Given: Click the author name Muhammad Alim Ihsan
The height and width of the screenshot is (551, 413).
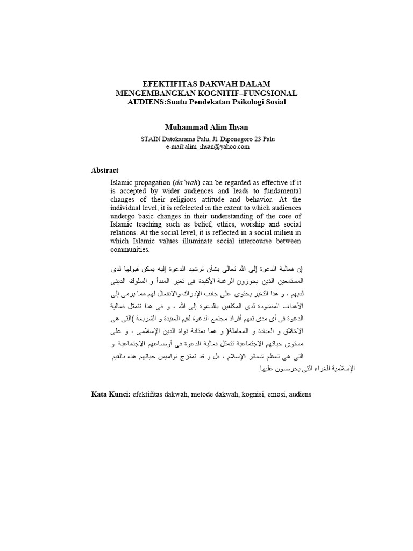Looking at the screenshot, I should point(207,127).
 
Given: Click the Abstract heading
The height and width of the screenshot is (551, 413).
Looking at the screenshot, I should point(105,170).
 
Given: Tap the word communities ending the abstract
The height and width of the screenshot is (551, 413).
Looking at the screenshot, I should point(131,250).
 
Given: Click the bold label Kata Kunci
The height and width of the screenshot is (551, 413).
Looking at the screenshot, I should point(111,394).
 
